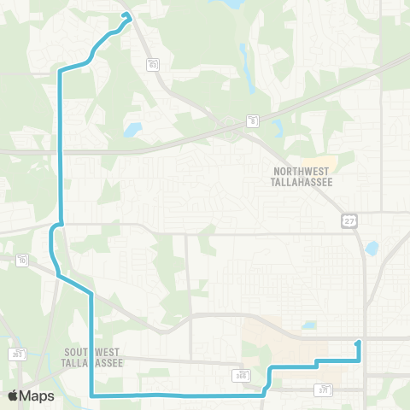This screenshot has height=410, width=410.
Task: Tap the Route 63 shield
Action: [x=153, y=64]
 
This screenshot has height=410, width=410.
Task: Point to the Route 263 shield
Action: [x=18, y=354]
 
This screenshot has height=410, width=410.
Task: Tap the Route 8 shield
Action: [x=253, y=120]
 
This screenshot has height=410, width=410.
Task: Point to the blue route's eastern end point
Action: [x=359, y=343]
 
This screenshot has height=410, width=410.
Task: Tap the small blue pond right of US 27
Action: [x=372, y=249]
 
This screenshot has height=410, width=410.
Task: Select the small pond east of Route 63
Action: [x=132, y=131]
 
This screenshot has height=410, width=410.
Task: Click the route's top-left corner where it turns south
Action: [x=60, y=72]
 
